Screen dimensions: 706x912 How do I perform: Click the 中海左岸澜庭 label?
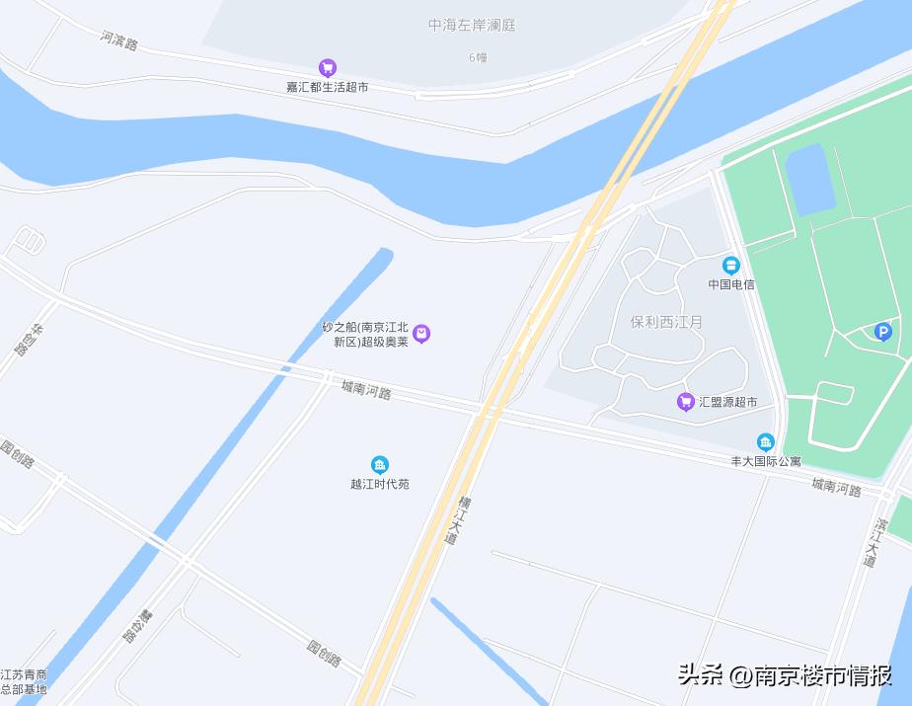[472, 26]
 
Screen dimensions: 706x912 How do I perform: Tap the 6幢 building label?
[478, 57]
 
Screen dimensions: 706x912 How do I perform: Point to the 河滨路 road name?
[118, 40]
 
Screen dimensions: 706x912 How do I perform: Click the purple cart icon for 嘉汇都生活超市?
[328, 68]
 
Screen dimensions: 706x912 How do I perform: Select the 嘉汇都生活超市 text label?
[328, 87]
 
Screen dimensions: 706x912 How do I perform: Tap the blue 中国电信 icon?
[730, 266]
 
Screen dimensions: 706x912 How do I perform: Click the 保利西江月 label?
[666, 322]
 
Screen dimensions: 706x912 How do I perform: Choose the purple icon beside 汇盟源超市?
[685, 402]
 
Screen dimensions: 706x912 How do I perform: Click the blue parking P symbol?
[882, 332]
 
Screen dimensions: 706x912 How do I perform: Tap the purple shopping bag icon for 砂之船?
[421, 334]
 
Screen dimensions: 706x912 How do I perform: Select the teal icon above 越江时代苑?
[379, 465]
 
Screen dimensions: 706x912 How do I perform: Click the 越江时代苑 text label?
[379, 484]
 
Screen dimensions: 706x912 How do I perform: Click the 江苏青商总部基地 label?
[24, 681]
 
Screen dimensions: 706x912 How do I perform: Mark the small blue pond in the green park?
[810, 179]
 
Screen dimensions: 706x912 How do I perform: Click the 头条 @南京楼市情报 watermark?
[785, 675]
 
